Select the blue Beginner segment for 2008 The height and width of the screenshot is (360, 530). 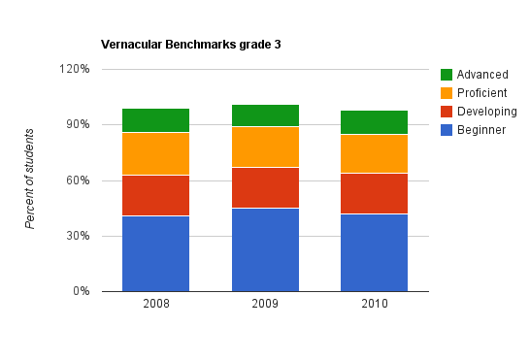click(155, 253)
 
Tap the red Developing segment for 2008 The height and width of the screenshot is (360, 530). click(155, 195)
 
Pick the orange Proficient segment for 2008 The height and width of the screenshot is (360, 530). click(155, 153)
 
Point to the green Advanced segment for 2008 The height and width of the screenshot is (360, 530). click(155, 120)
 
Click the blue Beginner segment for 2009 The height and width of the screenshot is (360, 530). click(265, 249)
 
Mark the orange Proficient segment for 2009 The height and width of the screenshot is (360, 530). click(265, 147)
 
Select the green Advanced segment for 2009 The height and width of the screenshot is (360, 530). click(265, 115)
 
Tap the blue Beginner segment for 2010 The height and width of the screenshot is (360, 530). click(374, 252)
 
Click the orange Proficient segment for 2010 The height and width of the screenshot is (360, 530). click(374, 153)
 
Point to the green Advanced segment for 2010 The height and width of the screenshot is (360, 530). click(374, 122)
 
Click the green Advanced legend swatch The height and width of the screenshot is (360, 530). click(447, 75)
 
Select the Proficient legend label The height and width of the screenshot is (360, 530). click(481, 93)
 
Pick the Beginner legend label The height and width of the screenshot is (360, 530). click(480, 130)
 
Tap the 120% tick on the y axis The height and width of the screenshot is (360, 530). click(74, 69)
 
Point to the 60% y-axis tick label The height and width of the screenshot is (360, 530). click(77, 180)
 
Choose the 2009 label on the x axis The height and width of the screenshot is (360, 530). click(265, 305)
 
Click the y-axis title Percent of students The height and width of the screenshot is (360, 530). click(30, 179)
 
